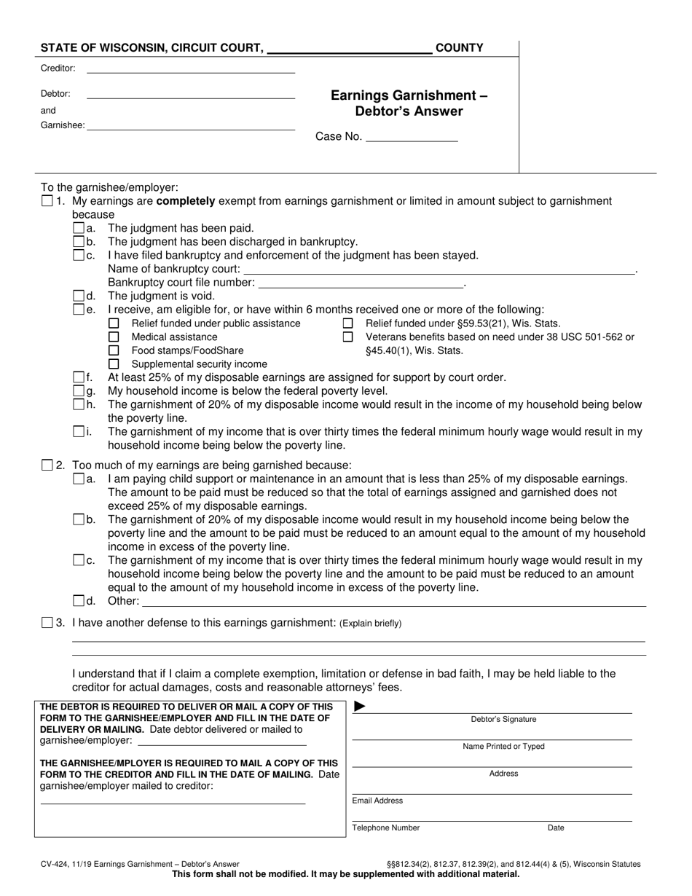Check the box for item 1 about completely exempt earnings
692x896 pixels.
pos(47,201)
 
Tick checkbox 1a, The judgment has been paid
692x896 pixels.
pos(79,228)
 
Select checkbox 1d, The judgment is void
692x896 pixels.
pos(79,296)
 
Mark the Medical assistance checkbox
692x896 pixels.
pos(114,337)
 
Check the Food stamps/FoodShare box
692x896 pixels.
pos(114,350)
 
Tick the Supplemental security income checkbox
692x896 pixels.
pos(114,363)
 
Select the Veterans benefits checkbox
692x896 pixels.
pos(348,337)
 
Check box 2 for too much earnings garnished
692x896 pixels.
pos(47,465)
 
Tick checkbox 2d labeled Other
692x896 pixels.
pos(79,601)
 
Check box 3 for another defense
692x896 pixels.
pos(47,623)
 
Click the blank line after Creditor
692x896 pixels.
pos(191,69)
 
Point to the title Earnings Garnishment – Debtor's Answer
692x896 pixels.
pos(409,103)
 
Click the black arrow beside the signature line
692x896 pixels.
pos(360,706)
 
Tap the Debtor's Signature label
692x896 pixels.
pos(503,720)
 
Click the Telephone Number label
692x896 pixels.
pos(386,828)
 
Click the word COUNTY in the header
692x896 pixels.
pos(459,48)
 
